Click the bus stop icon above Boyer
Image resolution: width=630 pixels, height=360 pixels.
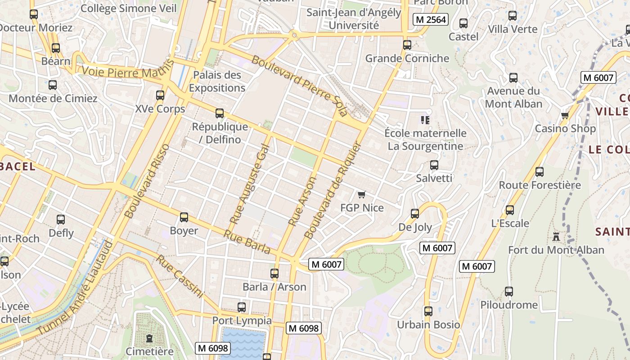click(x=184, y=217)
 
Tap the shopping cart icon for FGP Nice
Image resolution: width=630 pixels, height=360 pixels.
click(x=361, y=194)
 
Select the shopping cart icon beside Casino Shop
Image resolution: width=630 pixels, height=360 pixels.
click(x=565, y=115)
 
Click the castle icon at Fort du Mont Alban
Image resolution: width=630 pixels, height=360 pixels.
click(x=556, y=236)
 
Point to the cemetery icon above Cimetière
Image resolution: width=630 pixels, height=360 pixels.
click(x=149, y=338)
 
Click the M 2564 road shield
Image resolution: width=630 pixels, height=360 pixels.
click(x=431, y=19)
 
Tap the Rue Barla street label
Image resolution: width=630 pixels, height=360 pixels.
click(x=247, y=243)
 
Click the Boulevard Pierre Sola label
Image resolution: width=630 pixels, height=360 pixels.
click(x=300, y=85)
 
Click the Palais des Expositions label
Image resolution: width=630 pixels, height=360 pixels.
click(x=217, y=81)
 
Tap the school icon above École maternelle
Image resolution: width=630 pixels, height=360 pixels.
click(x=425, y=120)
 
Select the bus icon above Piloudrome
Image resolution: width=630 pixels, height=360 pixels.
click(x=508, y=291)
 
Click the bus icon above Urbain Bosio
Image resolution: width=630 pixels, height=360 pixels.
click(x=428, y=311)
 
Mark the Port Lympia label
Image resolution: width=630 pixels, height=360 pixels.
click(x=242, y=320)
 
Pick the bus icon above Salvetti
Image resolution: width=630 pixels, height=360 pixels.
click(x=434, y=165)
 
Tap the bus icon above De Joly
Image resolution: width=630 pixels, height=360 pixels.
click(x=415, y=213)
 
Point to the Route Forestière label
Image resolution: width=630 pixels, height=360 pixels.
click(x=540, y=185)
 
